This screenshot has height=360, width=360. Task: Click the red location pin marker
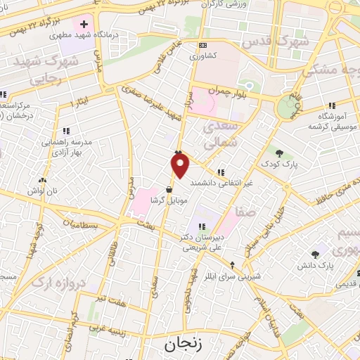tap(181, 165)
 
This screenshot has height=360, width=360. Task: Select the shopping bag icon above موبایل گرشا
tap(169, 189)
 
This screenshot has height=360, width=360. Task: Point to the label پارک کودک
tap(285, 166)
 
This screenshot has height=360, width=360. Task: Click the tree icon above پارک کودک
tap(280, 154)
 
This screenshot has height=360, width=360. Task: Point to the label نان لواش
tap(41, 191)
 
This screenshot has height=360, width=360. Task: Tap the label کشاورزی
tap(210, 53)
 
